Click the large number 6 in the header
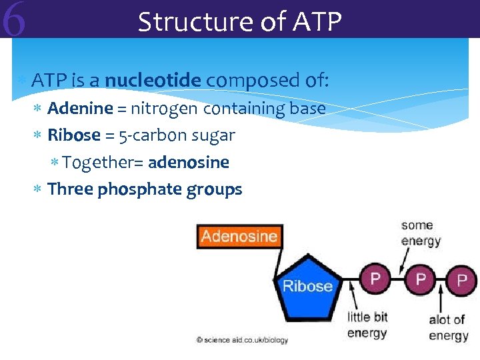tap(14, 20)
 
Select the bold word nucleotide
tap(153, 81)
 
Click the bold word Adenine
tap(80, 108)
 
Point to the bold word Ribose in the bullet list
tap(74, 135)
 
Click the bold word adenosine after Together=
tap(189, 163)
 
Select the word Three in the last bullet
tap(71, 189)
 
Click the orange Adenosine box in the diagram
tap(239, 236)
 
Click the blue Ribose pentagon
tap(307, 285)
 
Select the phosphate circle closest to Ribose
tap(375, 278)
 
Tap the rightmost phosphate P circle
tap(461, 279)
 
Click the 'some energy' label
tap(421, 233)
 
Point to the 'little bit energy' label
tap(367, 325)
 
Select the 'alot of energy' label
tap(448, 327)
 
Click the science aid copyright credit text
tap(243, 340)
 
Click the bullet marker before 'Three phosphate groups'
tap(38, 190)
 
